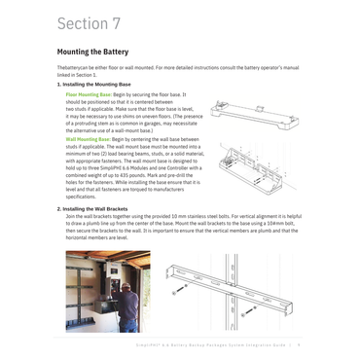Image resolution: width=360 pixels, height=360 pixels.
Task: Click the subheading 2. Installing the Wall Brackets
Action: click(98, 207)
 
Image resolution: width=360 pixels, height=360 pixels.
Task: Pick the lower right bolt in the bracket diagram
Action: click(245, 312)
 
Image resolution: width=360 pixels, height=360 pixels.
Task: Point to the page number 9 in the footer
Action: click(300, 342)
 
